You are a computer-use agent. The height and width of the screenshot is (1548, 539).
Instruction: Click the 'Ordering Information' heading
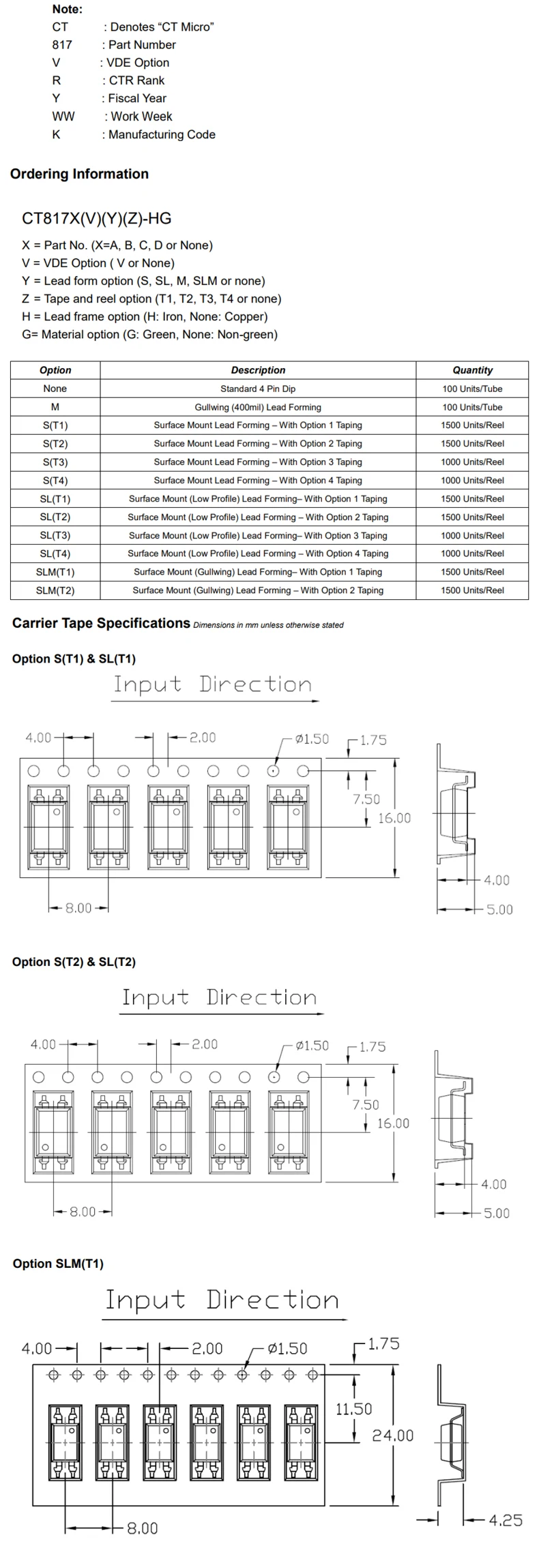coord(79,174)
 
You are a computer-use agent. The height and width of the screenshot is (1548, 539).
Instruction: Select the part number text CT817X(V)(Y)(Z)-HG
coord(97,219)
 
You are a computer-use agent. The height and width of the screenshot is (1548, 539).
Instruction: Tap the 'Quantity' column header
coord(472,370)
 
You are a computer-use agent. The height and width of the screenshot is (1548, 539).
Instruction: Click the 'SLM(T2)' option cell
coord(55,590)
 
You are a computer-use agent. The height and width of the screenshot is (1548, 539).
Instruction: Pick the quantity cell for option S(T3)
coord(472,461)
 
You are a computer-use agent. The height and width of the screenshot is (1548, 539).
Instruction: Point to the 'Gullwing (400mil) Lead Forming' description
coord(258,407)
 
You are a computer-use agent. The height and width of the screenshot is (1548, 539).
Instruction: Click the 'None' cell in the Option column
coord(55,389)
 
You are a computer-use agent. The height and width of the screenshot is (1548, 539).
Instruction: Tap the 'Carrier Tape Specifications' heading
coord(101,623)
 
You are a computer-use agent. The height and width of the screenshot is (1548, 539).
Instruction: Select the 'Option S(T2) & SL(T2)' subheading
coord(74,962)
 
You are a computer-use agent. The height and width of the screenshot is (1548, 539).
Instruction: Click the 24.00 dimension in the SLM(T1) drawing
coord(392,1436)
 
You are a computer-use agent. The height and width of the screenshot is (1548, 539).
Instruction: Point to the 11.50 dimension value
coord(353,1408)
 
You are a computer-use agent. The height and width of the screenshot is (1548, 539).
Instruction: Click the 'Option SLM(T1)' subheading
coord(58,1264)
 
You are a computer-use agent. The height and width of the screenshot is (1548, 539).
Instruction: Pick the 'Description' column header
coord(258,370)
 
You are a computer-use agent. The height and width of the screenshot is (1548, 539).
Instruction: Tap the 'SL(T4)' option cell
coord(55,553)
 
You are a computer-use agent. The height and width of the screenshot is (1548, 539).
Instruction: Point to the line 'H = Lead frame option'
coord(145,316)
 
